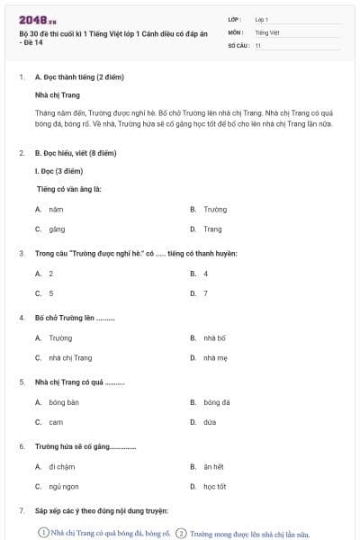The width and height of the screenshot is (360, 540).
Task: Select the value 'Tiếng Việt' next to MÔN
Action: click(x=267, y=31)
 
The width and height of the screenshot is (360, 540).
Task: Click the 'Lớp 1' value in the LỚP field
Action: click(x=262, y=18)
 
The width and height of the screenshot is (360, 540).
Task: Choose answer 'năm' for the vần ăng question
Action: click(x=56, y=209)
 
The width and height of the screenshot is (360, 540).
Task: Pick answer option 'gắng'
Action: click(x=57, y=229)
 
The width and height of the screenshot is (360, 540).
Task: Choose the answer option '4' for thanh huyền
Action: click(x=205, y=273)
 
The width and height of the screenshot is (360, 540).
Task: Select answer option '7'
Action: click(x=205, y=293)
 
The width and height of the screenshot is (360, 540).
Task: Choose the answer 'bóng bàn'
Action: click(x=64, y=401)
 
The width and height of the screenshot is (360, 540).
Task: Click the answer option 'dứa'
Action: click(x=210, y=422)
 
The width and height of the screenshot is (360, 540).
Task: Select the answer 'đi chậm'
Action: click(x=60, y=466)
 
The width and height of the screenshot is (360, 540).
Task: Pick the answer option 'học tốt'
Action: click(x=214, y=487)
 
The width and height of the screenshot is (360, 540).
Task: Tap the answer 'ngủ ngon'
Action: click(x=64, y=487)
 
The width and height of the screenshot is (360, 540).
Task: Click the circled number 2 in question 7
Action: click(x=181, y=533)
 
